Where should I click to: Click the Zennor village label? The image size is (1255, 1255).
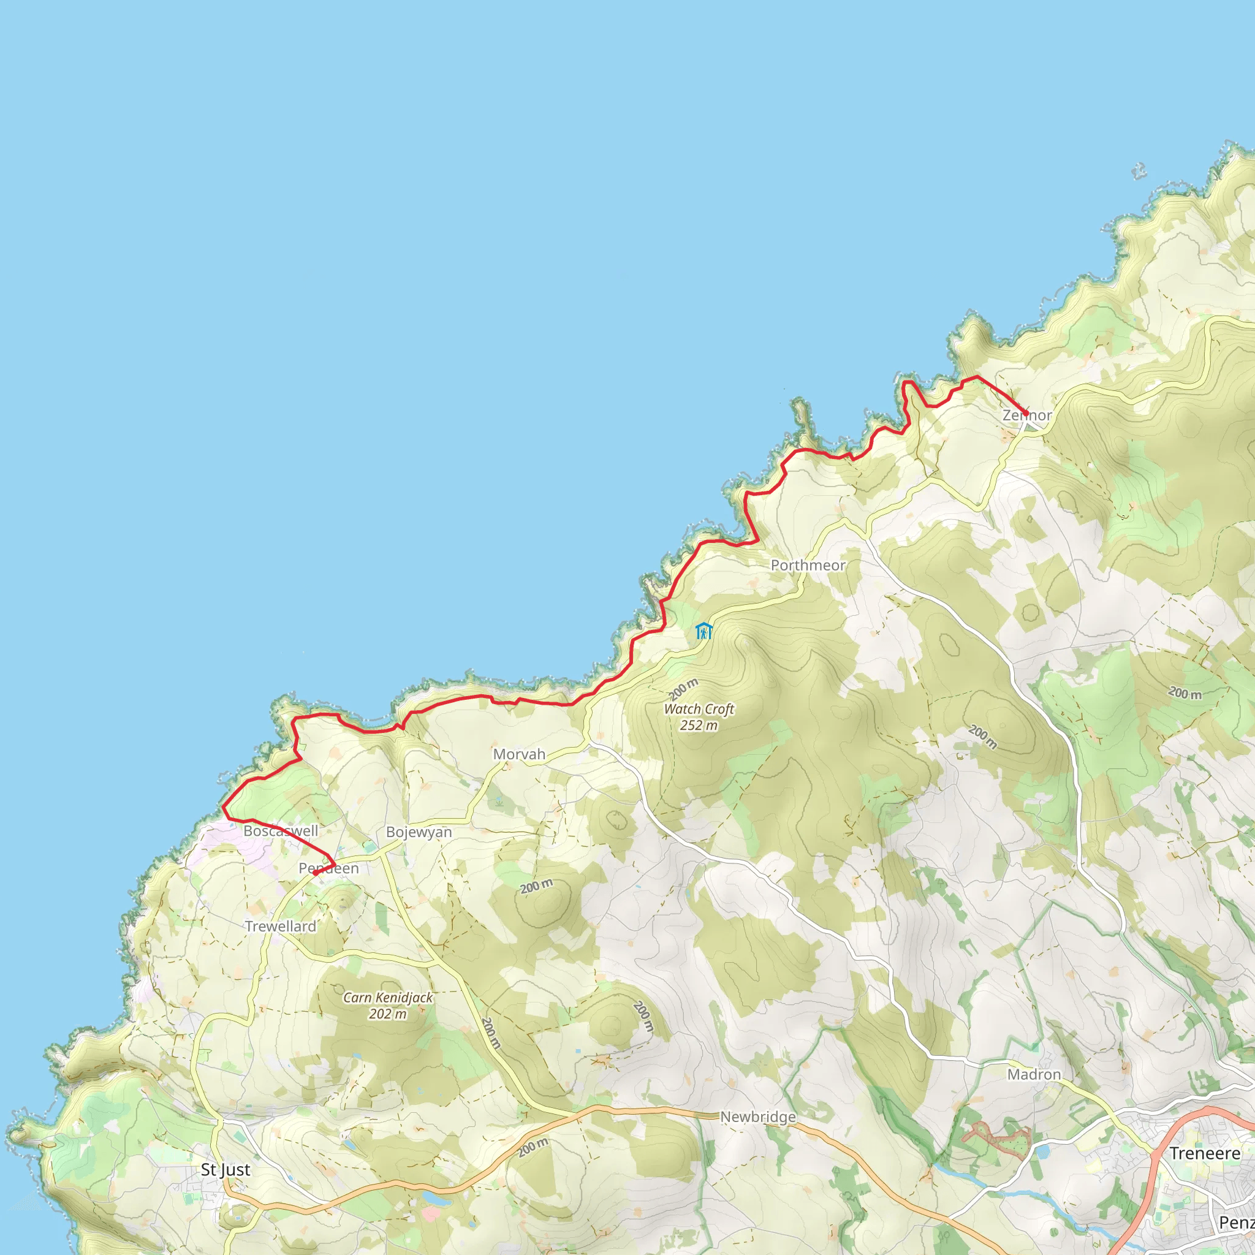click(x=1026, y=415)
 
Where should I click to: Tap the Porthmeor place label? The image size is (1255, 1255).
click(x=808, y=565)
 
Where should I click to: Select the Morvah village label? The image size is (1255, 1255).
click(x=519, y=754)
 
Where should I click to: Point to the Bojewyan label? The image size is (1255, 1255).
click(x=419, y=832)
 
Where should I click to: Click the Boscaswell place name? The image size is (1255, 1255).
click(x=281, y=831)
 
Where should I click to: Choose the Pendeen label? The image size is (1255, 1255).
click(x=328, y=868)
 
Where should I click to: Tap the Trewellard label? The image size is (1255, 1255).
click(x=281, y=927)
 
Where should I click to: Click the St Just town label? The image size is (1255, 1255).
click(x=226, y=1170)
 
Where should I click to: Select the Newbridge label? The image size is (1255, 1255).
click(x=758, y=1117)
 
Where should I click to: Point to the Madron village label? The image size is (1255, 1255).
click(x=1034, y=1074)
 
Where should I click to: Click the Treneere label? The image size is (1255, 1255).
click(x=1205, y=1154)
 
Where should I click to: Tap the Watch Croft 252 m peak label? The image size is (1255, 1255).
click(x=699, y=717)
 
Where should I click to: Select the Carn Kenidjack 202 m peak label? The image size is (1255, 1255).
click(x=388, y=1006)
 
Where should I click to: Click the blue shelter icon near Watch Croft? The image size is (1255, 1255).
click(x=703, y=631)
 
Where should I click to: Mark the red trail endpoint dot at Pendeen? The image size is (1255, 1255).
click(x=315, y=873)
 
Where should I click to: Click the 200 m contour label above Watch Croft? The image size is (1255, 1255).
click(x=684, y=689)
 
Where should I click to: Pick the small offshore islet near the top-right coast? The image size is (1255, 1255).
click(x=1139, y=172)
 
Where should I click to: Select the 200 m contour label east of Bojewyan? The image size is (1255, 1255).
click(x=536, y=886)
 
